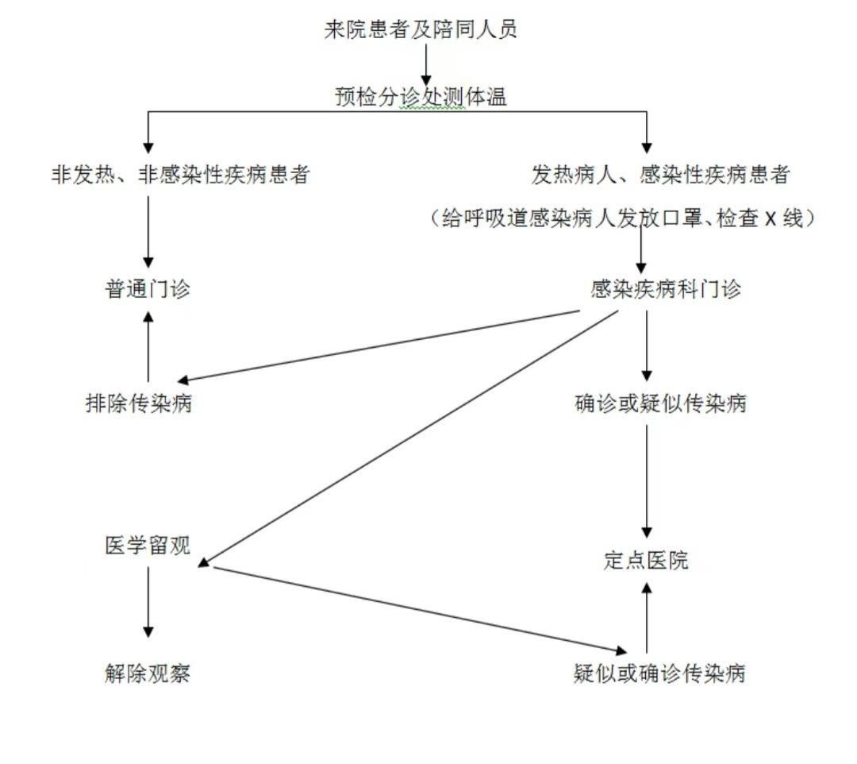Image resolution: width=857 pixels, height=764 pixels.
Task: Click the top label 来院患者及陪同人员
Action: tap(421, 29)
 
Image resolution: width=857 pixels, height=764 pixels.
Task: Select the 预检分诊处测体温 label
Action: tap(421, 98)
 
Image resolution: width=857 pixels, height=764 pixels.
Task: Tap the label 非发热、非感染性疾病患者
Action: tap(180, 175)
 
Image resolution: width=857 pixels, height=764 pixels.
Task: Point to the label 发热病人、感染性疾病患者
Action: tap(660, 175)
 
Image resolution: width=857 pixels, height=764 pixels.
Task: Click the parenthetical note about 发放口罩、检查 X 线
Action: tap(623, 218)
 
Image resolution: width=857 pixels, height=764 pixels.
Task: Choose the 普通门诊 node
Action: tap(148, 289)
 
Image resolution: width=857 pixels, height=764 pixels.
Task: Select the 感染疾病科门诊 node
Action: tap(666, 289)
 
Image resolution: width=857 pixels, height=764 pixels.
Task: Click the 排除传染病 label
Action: tap(139, 403)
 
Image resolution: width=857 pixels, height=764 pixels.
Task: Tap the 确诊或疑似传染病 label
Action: tap(661, 403)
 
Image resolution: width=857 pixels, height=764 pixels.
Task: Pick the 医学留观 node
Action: tap(148, 546)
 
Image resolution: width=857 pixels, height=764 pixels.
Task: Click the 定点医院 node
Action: tap(646, 561)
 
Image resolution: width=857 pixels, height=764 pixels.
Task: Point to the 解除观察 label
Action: tap(148, 673)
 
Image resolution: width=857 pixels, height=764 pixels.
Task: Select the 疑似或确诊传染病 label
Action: tap(659, 673)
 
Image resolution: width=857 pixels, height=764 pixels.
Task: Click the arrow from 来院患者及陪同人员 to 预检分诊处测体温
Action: tap(426, 65)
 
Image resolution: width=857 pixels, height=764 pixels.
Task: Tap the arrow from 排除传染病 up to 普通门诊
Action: tap(148, 346)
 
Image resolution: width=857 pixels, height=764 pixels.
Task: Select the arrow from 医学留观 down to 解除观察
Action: tap(148, 602)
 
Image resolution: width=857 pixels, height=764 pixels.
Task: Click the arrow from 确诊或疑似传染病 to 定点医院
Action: tap(647, 481)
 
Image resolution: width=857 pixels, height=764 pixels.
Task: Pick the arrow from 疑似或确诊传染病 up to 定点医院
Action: tap(647, 617)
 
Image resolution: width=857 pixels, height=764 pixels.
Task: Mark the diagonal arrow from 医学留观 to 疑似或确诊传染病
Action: tap(421, 610)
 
